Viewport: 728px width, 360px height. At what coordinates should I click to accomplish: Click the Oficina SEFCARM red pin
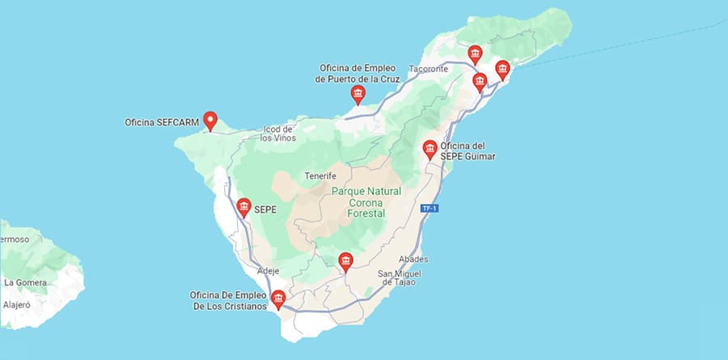click(210, 121)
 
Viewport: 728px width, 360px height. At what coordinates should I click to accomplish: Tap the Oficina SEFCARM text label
click(160, 123)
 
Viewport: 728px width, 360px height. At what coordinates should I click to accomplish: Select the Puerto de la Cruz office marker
click(358, 95)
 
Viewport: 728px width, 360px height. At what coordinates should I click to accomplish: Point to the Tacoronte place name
click(429, 70)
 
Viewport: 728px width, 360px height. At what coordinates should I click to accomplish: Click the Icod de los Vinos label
click(277, 133)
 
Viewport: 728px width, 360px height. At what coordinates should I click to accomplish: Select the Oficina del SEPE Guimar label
click(468, 151)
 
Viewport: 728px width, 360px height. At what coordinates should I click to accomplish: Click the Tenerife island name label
click(320, 176)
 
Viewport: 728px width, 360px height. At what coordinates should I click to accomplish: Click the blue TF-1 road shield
click(430, 209)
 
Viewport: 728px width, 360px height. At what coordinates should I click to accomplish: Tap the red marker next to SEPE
click(243, 208)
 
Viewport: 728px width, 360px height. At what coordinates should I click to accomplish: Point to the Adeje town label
click(268, 270)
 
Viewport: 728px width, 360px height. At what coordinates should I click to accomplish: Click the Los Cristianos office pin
click(278, 300)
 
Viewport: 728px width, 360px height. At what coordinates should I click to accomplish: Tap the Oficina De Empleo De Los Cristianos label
click(228, 300)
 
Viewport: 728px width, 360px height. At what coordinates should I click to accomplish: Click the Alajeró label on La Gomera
click(16, 306)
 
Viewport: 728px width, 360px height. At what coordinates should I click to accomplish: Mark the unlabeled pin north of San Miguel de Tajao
click(345, 261)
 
